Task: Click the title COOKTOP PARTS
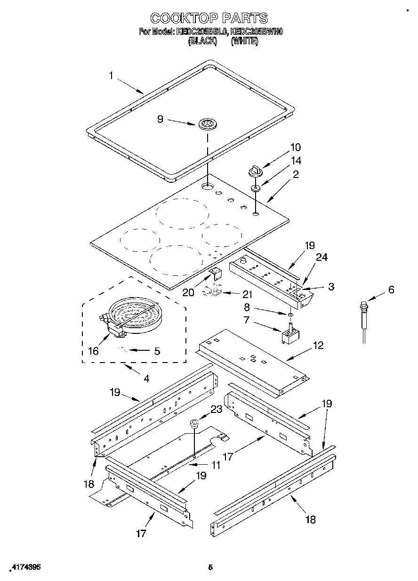click(x=209, y=18)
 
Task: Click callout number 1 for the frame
click(x=111, y=75)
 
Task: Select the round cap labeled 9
click(x=206, y=124)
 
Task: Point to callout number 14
click(x=296, y=161)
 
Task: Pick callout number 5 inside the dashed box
click(x=157, y=351)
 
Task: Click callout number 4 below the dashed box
click(x=146, y=378)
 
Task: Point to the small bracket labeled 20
click(x=216, y=273)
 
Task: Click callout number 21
click(x=247, y=295)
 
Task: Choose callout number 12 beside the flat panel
click(x=318, y=345)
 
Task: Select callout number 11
click(x=216, y=465)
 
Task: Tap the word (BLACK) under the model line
click(x=202, y=41)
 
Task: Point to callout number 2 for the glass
click(x=296, y=175)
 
